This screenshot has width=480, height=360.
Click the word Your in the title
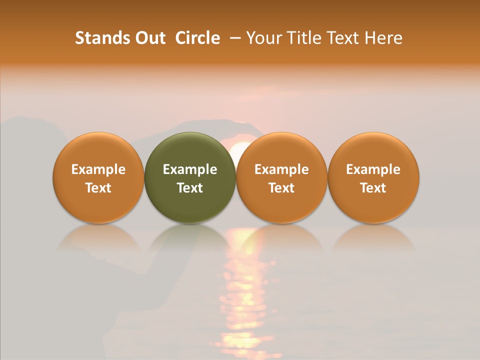pyautogui.click(x=263, y=38)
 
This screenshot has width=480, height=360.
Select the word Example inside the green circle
pyautogui.click(x=190, y=169)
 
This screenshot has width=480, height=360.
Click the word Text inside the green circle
pyautogui.click(x=190, y=188)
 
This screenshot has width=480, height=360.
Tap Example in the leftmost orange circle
pyautogui.click(x=98, y=169)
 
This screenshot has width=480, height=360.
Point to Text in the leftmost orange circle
pyautogui.click(x=98, y=188)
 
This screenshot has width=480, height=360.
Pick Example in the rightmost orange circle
pyautogui.click(x=373, y=169)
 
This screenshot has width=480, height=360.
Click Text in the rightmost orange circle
pyautogui.click(x=373, y=188)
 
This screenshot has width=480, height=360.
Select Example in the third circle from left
pyautogui.click(x=281, y=169)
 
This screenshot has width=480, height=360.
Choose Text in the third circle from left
pyautogui.click(x=281, y=188)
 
